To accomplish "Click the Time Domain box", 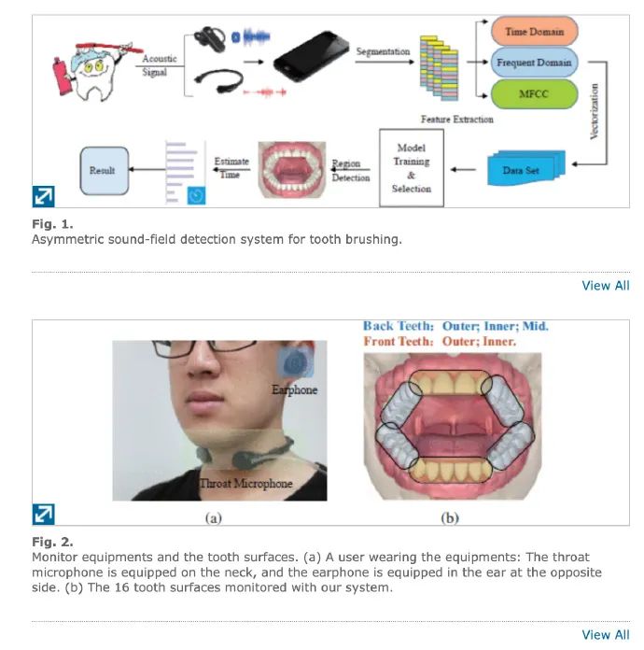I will click(x=534, y=32).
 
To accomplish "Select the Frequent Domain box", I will click(x=534, y=64).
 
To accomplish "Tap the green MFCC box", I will click(x=534, y=94).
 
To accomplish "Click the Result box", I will click(x=103, y=171).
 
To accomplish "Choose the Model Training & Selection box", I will click(x=412, y=168).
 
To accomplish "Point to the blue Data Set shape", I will click(x=524, y=170).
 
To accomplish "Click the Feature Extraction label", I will click(x=457, y=120).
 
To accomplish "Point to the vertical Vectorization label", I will click(x=595, y=111).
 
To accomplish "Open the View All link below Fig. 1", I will click(x=605, y=285).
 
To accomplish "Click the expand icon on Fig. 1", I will click(x=44, y=196).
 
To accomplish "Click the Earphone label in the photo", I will click(x=295, y=389).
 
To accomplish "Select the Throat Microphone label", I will click(x=246, y=483).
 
